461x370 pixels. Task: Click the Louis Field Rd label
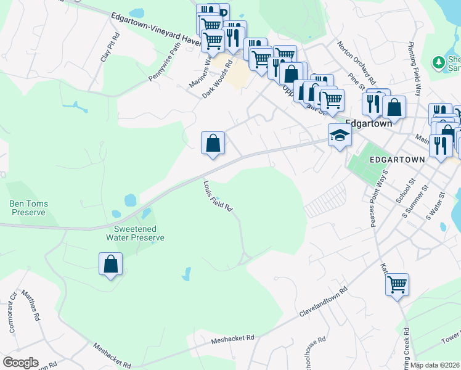[218, 196]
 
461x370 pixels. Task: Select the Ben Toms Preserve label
[28, 208]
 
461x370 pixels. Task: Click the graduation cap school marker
[340, 135]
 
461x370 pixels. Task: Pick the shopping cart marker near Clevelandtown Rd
[398, 285]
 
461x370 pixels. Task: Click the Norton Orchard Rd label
[357, 62]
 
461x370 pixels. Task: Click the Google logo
[20, 363]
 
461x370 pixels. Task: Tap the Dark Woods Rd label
[218, 80]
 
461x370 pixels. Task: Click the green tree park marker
[439, 62]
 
